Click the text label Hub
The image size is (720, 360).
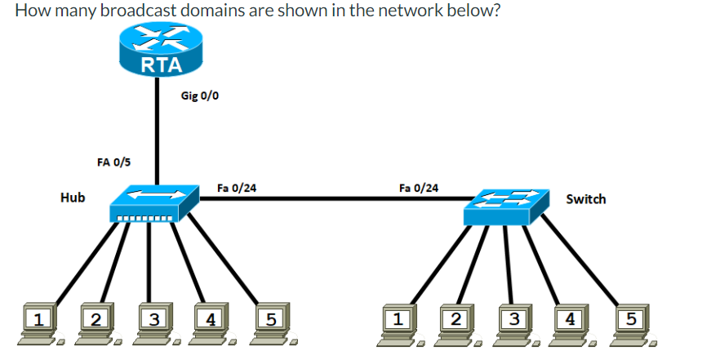point(73,198)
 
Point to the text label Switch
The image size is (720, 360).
point(585,199)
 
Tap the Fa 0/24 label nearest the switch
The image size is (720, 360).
point(418,188)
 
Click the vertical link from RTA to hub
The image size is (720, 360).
point(158,131)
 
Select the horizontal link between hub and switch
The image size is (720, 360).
point(327,197)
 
